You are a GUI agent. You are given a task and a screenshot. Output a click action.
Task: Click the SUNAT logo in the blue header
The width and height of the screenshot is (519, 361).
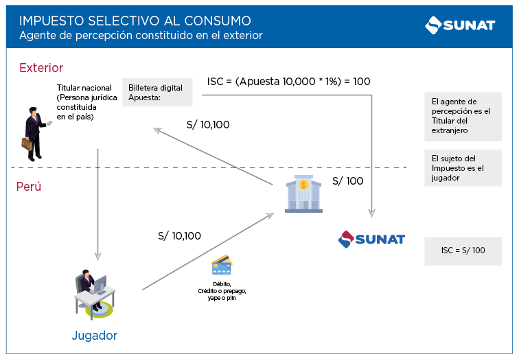tap(459, 25)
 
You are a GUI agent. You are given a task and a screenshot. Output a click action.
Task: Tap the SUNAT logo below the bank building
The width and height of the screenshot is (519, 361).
tap(371, 240)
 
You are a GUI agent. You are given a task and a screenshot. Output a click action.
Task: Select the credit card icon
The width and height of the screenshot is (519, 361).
tap(221, 266)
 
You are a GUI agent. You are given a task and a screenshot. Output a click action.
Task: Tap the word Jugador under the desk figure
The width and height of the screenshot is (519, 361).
tap(94, 336)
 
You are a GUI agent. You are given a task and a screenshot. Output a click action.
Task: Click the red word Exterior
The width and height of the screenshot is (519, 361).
tap(41, 68)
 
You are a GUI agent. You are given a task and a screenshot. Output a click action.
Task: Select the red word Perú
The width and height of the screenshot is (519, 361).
tap(29, 186)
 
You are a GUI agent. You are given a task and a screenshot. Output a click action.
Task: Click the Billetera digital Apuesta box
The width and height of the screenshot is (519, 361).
tap(157, 93)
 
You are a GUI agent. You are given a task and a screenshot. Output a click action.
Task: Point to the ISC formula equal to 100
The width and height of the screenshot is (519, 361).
tap(288, 82)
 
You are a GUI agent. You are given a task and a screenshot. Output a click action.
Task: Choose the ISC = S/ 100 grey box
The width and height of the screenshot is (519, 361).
tap(463, 251)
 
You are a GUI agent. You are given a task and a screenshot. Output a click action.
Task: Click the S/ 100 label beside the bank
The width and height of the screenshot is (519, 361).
tap(347, 182)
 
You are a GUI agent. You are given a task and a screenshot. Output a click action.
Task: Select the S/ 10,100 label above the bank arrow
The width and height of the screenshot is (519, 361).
tap(208, 125)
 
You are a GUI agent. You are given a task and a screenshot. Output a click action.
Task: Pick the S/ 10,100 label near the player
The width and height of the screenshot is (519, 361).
tap(179, 236)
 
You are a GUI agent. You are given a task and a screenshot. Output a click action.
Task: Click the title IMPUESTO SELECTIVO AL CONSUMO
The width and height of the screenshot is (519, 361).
tap(135, 21)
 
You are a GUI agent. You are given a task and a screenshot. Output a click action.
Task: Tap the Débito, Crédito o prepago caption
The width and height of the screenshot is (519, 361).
tap(222, 292)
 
